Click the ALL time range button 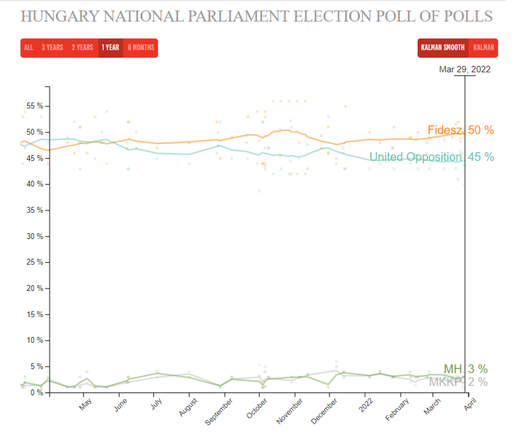pos(28,48)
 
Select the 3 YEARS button pos(52,48)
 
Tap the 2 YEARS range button pos(82,48)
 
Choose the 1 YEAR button pos(110,48)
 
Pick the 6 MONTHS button pos(141,48)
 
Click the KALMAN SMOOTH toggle pos(443,48)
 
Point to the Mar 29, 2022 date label pos(464,70)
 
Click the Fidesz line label pos(444,130)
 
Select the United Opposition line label pos(415,157)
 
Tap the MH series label pos(452,369)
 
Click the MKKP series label pos(445,382)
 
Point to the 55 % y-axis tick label pos(35,106)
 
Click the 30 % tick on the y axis pos(35,236)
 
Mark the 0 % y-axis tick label pos(37,393)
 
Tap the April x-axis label pos(470,405)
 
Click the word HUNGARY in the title pos(60,16)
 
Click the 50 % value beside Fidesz pos(481,130)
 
